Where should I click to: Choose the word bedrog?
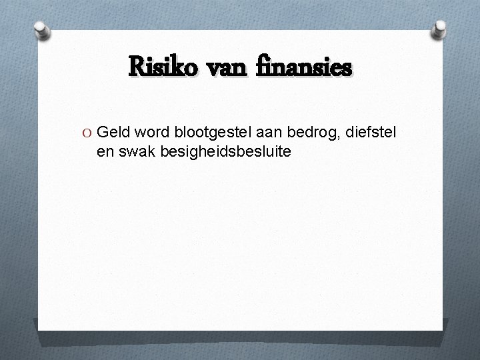tap(312, 133)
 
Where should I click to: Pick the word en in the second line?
tap(105, 151)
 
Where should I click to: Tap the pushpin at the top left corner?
tap(41, 29)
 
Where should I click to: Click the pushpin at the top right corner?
tap(439, 29)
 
